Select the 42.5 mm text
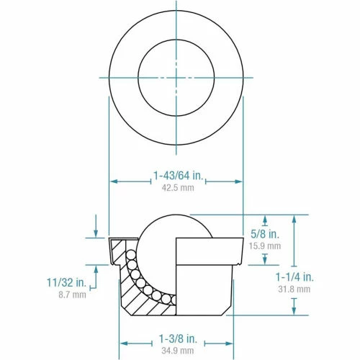(176, 189)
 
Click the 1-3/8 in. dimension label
(176, 338)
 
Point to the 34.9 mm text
(176, 351)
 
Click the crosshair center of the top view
(176, 78)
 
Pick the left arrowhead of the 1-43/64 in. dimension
(112, 181)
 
